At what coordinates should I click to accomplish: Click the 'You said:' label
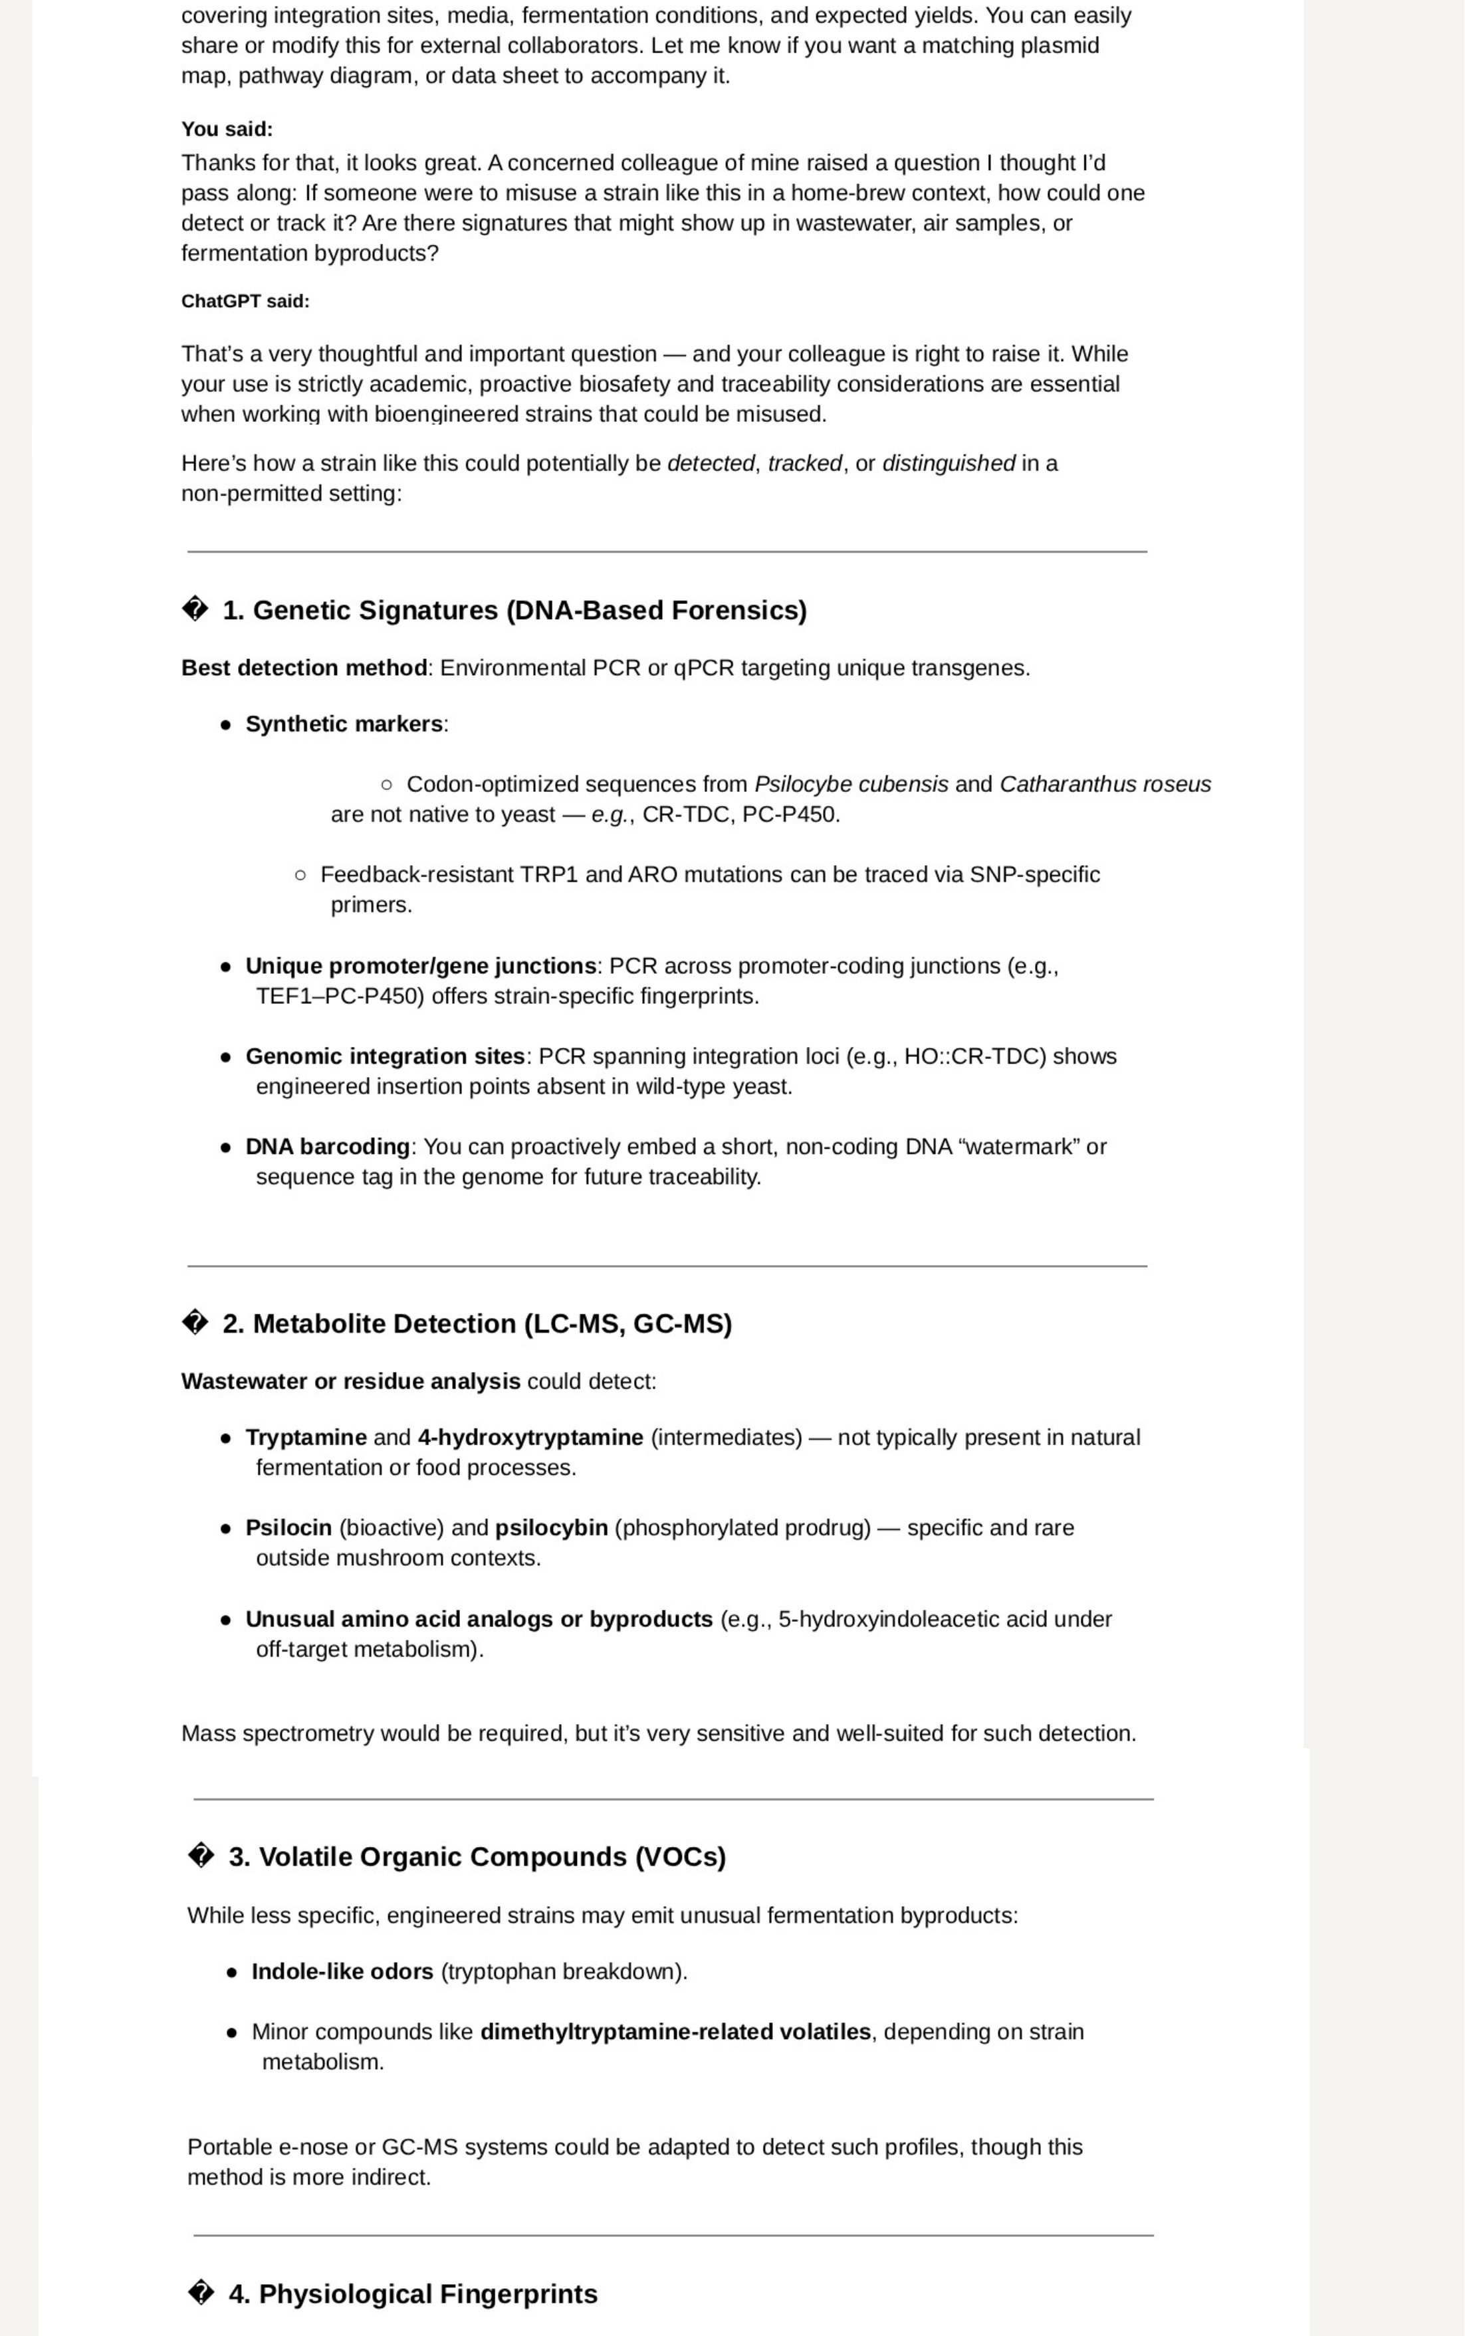tap(227, 129)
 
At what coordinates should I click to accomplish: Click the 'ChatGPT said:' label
tap(245, 301)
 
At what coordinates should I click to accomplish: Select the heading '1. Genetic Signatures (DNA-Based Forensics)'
tap(514, 610)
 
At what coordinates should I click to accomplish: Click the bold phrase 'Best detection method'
tap(303, 668)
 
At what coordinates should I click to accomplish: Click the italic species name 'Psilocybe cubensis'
tap(851, 785)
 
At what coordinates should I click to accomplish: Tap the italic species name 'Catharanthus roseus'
tap(1105, 785)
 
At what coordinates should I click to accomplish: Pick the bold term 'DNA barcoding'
tap(328, 1147)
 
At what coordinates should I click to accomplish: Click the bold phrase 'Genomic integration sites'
tap(385, 1056)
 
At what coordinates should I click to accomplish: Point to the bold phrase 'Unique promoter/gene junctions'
tap(421, 967)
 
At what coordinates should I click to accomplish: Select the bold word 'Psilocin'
tap(288, 1528)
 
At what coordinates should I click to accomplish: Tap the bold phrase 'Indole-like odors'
tap(342, 1972)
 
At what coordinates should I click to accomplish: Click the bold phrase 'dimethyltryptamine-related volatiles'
tap(675, 2032)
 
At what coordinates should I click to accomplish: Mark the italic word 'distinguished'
tap(948, 464)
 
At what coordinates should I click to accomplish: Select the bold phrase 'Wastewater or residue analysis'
tap(351, 1381)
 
